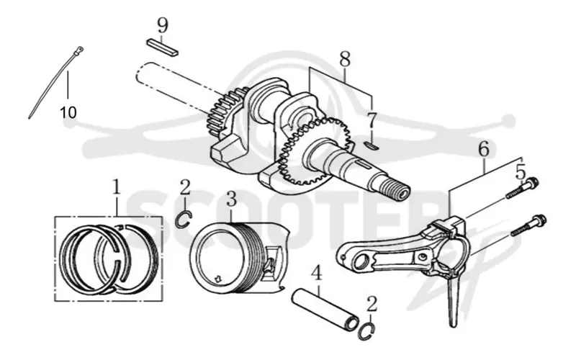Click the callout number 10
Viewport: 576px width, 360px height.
(x=68, y=112)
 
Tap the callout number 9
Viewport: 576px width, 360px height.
(x=163, y=26)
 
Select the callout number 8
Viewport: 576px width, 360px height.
(x=345, y=59)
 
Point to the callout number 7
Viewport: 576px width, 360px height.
(x=372, y=120)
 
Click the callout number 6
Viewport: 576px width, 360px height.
(x=484, y=150)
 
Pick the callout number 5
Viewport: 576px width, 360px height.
(x=521, y=171)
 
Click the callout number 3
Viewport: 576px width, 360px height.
(x=231, y=199)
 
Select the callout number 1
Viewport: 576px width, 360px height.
(x=117, y=187)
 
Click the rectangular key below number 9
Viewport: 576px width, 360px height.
(x=163, y=48)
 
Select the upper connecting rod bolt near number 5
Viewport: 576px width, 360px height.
(x=523, y=189)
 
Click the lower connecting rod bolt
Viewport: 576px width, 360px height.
(x=528, y=225)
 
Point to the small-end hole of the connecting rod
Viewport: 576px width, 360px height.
(x=361, y=263)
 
